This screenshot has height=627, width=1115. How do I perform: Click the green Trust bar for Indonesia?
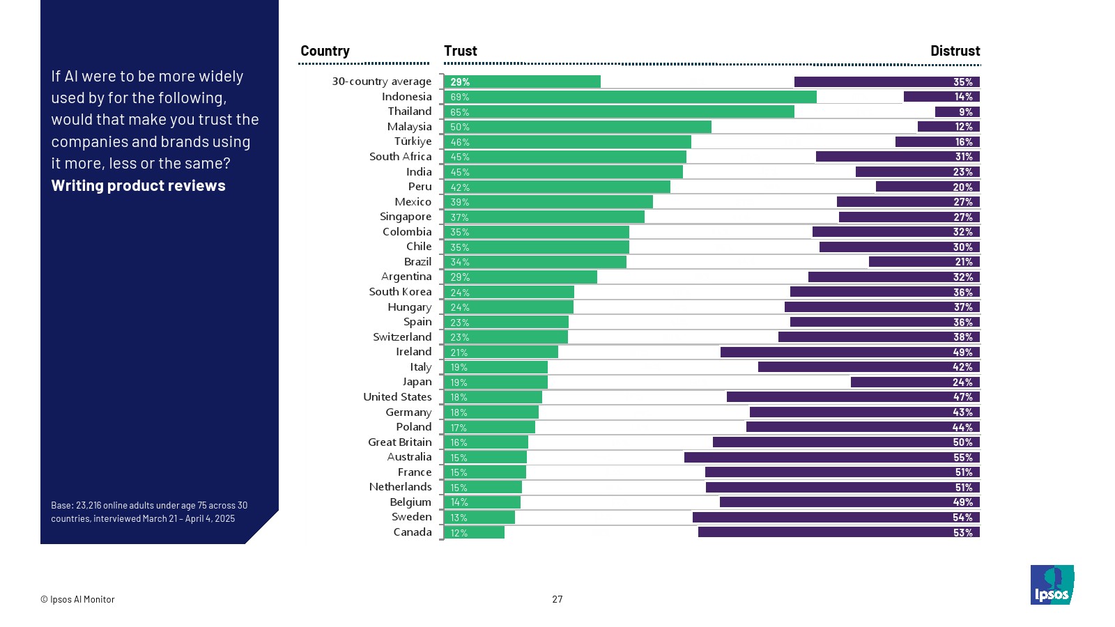tap(630, 97)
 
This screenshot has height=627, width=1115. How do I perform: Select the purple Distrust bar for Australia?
tap(832, 458)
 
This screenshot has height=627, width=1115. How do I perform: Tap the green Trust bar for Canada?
tap(474, 533)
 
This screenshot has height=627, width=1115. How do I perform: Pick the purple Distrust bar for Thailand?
tap(958, 112)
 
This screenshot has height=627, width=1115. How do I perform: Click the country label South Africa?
tap(401, 157)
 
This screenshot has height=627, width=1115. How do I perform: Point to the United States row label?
tap(397, 397)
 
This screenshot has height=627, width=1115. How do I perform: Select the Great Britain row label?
tap(400, 442)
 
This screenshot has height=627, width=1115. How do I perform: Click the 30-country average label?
tap(382, 82)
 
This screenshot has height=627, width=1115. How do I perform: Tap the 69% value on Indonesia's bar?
tap(460, 97)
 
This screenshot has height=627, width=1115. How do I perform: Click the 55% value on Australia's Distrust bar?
tap(963, 458)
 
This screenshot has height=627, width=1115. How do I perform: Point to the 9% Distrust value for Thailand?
tap(966, 112)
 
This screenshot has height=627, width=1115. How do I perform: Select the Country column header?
tap(325, 51)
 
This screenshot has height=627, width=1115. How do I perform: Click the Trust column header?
tap(461, 51)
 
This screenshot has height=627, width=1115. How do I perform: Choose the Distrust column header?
tap(955, 51)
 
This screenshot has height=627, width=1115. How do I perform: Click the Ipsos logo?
tap(1052, 585)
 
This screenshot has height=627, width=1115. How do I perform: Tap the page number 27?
tap(557, 599)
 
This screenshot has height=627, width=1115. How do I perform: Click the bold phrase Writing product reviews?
tap(138, 186)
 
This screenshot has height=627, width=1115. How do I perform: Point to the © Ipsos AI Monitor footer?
tap(77, 599)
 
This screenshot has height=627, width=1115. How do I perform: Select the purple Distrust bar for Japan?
tap(915, 382)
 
